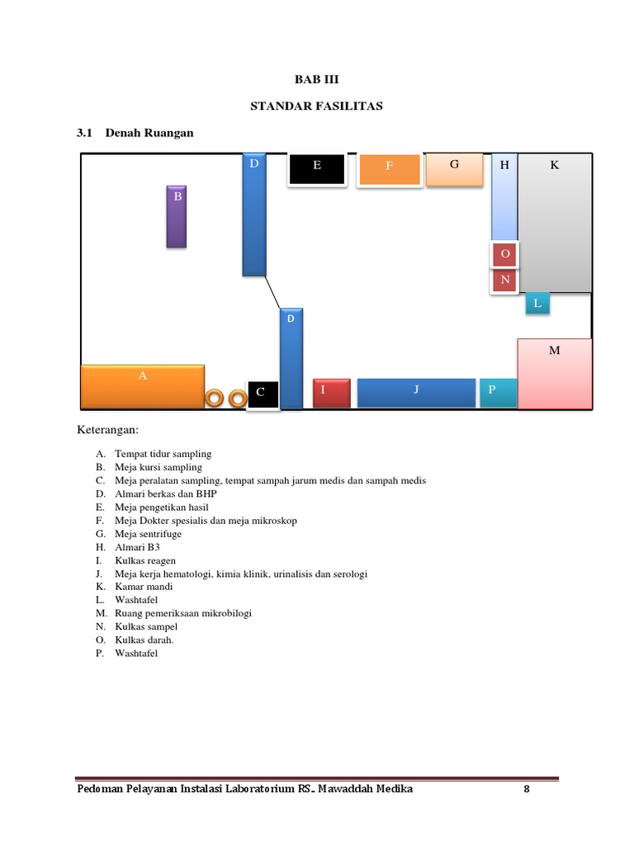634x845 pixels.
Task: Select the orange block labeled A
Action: click(x=142, y=386)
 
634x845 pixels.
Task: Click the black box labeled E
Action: click(x=316, y=169)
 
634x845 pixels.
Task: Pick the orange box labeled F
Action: click(x=390, y=169)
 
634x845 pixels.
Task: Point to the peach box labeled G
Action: click(x=453, y=168)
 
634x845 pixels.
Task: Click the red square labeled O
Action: click(x=504, y=255)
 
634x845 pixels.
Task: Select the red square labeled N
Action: click(x=504, y=281)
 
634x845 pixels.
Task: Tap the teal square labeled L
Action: click(x=537, y=304)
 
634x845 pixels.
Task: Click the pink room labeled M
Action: click(x=554, y=373)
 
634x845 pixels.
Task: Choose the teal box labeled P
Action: click(x=499, y=392)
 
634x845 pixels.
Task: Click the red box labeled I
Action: click(x=332, y=393)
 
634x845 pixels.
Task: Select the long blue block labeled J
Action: click(x=416, y=392)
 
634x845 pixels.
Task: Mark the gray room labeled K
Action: click(x=554, y=223)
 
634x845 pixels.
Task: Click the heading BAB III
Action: click(x=317, y=80)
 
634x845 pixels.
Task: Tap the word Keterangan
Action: click(x=108, y=430)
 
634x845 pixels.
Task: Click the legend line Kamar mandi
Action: click(x=144, y=587)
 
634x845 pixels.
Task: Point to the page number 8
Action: click(x=526, y=789)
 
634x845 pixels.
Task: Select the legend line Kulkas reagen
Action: click(x=145, y=560)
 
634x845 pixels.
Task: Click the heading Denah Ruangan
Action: click(x=149, y=133)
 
